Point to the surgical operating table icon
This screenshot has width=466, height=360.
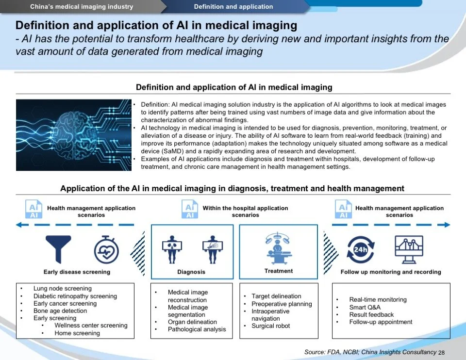point(279,248)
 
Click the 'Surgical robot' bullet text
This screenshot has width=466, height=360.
point(271,326)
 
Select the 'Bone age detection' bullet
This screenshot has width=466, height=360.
point(60,311)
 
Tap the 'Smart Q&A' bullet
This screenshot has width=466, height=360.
point(365,307)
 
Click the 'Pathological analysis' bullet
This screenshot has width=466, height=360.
point(197,329)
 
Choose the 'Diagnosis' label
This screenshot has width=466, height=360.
point(191,272)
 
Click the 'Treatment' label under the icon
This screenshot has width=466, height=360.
point(279,271)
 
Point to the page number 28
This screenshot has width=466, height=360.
point(441,353)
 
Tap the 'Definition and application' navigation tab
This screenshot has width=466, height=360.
point(233,7)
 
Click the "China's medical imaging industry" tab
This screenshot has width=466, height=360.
point(82,7)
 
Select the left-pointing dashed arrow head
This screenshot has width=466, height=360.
point(20,225)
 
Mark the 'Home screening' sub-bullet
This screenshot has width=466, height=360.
point(77,333)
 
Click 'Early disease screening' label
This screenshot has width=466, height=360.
point(77,272)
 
